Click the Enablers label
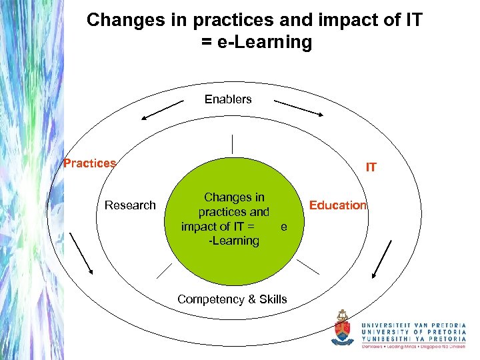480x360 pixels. [228, 99]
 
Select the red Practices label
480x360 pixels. [89, 163]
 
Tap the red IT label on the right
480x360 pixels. [371, 167]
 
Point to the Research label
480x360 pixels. [130, 205]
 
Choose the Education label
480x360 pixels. [338, 205]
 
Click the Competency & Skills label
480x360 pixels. [232, 299]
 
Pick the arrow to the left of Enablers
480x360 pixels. [162, 109]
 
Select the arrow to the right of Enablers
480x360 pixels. [299, 109]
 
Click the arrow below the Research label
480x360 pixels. [81, 253]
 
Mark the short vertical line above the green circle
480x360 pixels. [232, 145]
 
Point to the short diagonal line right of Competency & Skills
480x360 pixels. [308, 267]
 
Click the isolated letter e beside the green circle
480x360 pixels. [284, 227]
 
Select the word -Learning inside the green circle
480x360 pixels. [233, 241]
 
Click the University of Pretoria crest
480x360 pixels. [343, 328]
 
